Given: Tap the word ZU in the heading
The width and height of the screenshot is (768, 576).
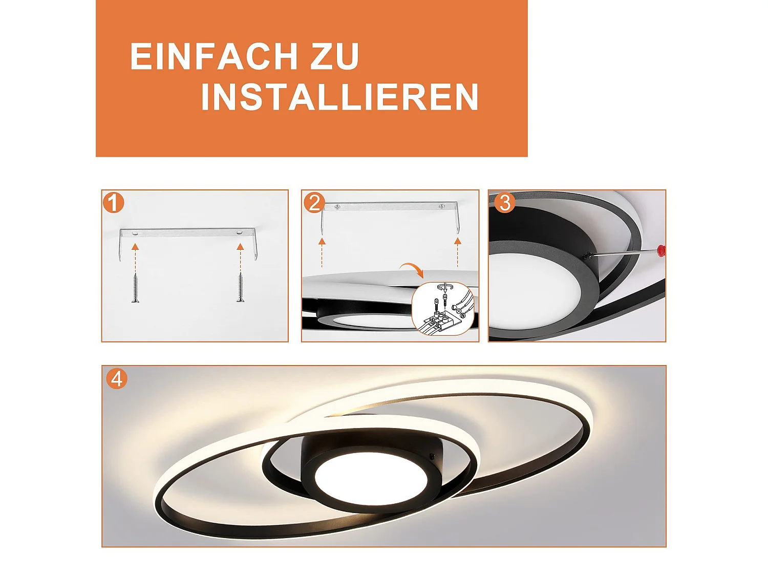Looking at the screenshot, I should (x=334, y=56).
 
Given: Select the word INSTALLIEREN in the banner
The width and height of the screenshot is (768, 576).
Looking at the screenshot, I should (x=339, y=97).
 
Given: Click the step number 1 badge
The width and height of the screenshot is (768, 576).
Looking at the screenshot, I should (x=113, y=203).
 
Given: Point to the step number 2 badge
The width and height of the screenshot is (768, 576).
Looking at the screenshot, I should (x=314, y=203).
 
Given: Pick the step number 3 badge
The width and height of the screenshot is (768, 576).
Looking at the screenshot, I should (x=504, y=203).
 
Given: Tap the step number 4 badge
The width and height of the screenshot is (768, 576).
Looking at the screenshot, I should (x=117, y=379).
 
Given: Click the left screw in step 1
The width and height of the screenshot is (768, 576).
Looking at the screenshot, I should (x=135, y=288).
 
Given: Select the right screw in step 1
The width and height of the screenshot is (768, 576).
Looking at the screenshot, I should (x=240, y=288).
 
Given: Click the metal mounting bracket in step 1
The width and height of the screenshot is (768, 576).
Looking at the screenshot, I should (x=188, y=233).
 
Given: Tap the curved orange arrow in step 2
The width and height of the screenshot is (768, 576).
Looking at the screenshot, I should (x=412, y=269).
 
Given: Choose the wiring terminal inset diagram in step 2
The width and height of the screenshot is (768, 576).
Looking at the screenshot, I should (x=442, y=309).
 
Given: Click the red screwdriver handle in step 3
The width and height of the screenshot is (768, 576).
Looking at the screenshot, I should (x=661, y=250).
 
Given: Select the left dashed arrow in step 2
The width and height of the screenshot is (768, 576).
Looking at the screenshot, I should (x=322, y=252).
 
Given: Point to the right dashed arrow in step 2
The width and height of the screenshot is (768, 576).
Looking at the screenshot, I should (x=458, y=252).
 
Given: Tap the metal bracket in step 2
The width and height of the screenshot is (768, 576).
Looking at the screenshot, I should (x=389, y=207).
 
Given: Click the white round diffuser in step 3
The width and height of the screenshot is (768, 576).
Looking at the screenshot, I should (x=532, y=292).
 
